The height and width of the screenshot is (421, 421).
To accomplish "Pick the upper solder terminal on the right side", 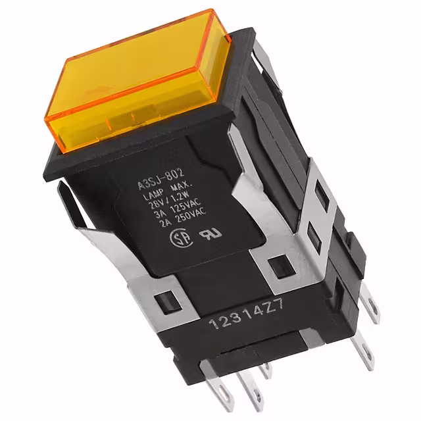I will point(372,308).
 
